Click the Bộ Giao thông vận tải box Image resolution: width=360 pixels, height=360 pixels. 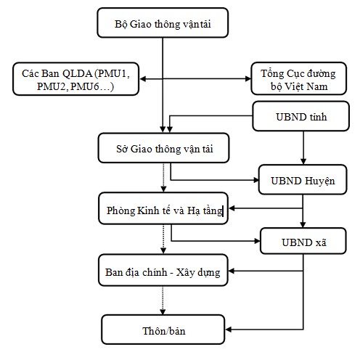[162, 24]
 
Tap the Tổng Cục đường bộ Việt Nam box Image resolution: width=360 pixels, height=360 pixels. [295, 78]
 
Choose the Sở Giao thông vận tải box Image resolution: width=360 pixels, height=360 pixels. [163, 149]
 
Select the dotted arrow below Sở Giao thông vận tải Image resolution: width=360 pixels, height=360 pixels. [163, 176]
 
